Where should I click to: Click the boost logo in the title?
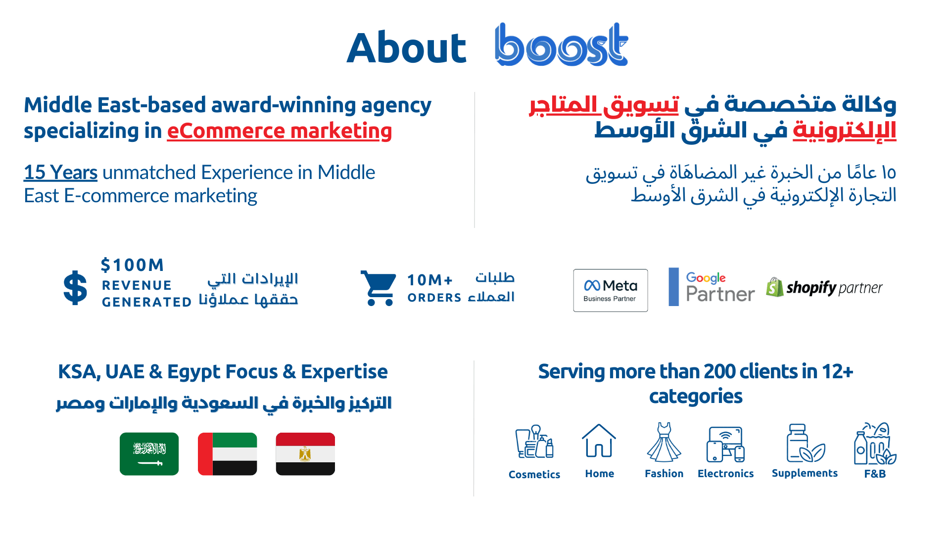[x=562, y=44]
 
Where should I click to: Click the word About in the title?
[x=406, y=48]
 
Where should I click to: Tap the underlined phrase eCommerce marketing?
[x=280, y=131]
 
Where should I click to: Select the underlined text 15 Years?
[x=60, y=173]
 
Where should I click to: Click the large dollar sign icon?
[x=75, y=288]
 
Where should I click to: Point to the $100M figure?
[x=132, y=265]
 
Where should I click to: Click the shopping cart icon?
[x=379, y=288]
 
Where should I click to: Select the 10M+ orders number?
[x=429, y=280]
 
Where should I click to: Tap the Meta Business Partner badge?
[x=611, y=290]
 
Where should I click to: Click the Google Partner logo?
[x=712, y=287]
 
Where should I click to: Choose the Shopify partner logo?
[x=824, y=287]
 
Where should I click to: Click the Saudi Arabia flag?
[x=149, y=454]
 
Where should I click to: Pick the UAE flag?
[x=227, y=454]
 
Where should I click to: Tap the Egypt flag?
[x=305, y=454]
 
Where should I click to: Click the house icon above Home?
[x=599, y=441]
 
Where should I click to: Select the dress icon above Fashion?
[x=664, y=442]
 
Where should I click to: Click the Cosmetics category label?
[x=534, y=475]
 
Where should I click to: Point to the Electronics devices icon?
[x=725, y=445]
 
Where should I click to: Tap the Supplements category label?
[x=805, y=473]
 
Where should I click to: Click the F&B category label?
[x=875, y=474]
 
